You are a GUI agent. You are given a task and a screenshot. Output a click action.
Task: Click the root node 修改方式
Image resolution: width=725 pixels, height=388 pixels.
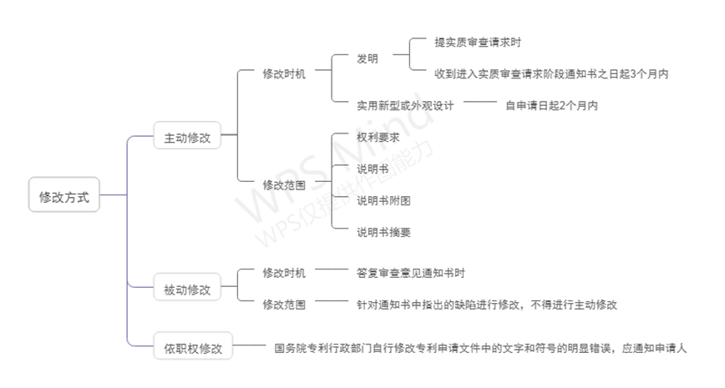click(x=64, y=198)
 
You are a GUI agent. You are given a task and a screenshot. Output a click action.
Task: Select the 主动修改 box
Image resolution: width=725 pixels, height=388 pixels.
click(x=187, y=136)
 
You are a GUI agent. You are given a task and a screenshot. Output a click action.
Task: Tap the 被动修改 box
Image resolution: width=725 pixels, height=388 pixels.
click(x=187, y=290)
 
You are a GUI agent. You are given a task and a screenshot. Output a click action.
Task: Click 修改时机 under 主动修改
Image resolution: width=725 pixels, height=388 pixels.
click(x=284, y=73)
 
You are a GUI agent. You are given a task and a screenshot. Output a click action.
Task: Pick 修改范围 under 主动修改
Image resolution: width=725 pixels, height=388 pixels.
click(x=284, y=184)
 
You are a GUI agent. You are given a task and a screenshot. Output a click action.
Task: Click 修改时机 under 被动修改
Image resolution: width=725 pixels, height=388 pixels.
click(x=284, y=273)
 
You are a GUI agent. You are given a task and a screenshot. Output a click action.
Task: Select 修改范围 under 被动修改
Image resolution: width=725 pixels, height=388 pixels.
click(x=284, y=305)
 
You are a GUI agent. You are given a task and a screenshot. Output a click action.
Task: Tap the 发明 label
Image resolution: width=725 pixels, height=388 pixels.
click(x=368, y=58)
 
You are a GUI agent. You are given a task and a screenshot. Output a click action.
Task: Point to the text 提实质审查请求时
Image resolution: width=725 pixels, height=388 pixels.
click(x=479, y=42)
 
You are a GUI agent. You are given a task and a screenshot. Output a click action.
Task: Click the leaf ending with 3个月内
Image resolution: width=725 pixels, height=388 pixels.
click(x=552, y=73)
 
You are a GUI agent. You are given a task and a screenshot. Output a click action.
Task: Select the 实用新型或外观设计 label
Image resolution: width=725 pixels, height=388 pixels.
click(x=404, y=105)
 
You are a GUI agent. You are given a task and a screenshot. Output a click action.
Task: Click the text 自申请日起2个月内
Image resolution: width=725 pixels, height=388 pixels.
click(x=551, y=105)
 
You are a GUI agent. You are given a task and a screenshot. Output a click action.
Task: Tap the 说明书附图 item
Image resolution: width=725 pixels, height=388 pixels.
click(x=383, y=200)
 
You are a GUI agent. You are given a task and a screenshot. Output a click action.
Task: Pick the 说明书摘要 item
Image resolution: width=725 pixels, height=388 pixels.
click(x=383, y=232)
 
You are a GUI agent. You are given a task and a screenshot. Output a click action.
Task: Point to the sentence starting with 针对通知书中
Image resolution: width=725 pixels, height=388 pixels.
click(x=486, y=305)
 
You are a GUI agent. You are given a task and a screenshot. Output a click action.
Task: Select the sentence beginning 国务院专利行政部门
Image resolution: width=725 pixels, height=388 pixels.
click(x=480, y=349)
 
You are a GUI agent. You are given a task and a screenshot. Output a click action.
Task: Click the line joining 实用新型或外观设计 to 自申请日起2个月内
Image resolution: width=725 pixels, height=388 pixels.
click(x=479, y=101)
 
